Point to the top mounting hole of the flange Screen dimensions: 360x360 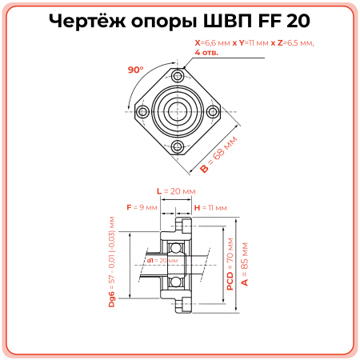click(178, 77)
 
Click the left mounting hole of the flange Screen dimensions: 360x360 click(144, 112)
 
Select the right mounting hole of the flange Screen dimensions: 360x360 click(212, 112)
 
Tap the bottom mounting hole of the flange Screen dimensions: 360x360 click(178, 146)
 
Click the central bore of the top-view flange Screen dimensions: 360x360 click(178, 112)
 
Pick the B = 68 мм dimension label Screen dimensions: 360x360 click(219, 155)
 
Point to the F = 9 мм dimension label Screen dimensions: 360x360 click(142, 207)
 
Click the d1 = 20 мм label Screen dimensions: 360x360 click(162, 260)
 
